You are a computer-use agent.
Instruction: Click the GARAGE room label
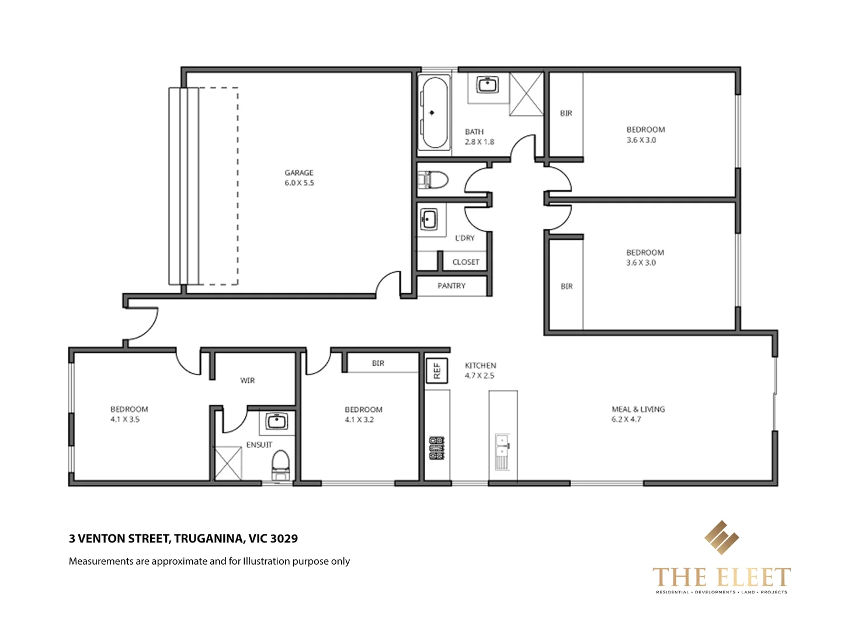point(299,173)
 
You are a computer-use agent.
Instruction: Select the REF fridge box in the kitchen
point(436,370)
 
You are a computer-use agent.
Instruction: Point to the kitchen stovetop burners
point(437,447)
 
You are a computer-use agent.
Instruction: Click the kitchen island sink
point(502,451)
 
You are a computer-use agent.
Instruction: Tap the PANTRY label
point(451,286)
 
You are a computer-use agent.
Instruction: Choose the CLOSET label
point(465,262)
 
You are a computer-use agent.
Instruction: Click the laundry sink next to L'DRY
point(429,220)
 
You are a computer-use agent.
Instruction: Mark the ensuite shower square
point(228,463)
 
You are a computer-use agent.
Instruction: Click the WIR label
point(248,380)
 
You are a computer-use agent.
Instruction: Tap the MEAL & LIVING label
point(638,409)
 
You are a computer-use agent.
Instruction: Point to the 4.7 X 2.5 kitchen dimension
point(479,376)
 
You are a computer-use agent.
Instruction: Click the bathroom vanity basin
point(487,86)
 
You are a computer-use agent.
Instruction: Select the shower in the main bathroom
point(526,94)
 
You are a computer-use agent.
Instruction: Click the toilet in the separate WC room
point(434,180)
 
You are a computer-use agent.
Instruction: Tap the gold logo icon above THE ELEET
point(721,537)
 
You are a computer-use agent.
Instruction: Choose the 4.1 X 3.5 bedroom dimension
point(125,419)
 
